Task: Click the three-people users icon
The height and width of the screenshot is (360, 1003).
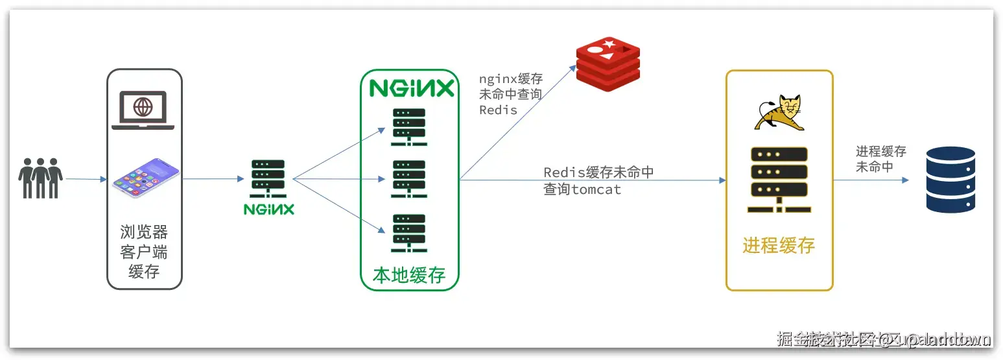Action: click(40, 178)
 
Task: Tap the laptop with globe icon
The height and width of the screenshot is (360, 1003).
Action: click(143, 110)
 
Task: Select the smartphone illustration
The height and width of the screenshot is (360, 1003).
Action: click(145, 176)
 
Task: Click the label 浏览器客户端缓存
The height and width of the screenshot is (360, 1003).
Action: click(144, 251)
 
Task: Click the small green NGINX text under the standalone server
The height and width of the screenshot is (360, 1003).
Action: click(269, 210)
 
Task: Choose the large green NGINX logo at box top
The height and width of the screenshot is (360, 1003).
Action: click(412, 88)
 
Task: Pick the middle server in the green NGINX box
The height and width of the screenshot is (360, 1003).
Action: click(409, 179)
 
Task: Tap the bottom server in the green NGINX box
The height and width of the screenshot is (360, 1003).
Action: click(409, 232)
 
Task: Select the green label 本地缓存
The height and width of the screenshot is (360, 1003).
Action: click(409, 275)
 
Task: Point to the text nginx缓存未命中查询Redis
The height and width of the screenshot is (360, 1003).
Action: click(511, 95)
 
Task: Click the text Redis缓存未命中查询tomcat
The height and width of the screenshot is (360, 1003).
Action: click(598, 181)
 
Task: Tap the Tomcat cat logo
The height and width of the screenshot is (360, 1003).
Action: click(777, 114)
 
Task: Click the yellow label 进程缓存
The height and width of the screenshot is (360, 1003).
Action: click(779, 246)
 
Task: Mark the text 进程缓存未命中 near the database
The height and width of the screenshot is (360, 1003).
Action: click(880, 159)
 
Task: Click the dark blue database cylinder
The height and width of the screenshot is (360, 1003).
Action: click(950, 180)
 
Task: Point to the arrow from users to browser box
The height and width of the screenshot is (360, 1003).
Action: click(86, 179)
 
